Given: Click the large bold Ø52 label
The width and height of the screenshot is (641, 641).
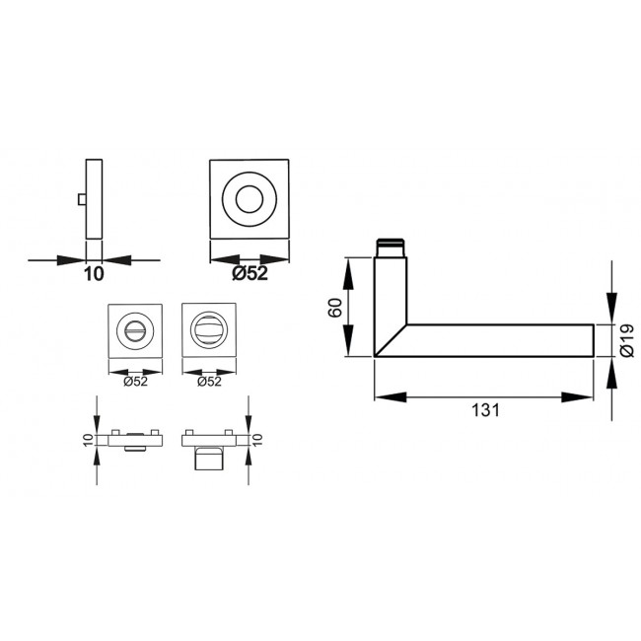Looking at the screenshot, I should (x=249, y=275).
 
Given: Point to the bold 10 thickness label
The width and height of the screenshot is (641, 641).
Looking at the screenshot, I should (x=93, y=275).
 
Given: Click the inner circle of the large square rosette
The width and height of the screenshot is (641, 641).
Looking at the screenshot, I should (x=250, y=197).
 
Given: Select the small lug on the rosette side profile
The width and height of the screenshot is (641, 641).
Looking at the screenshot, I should (x=79, y=199).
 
